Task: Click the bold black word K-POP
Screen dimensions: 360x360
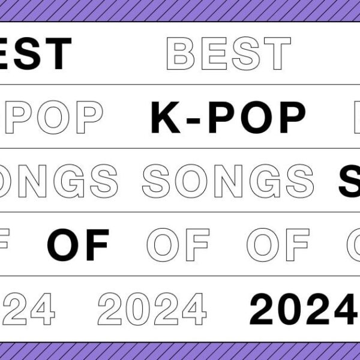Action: click(x=228, y=117)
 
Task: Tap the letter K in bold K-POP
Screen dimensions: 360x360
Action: click(x=164, y=117)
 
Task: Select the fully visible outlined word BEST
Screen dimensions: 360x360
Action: click(x=228, y=53)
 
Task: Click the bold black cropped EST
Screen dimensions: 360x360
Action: click(x=36, y=53)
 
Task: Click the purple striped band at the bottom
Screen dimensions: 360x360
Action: click(x=180, y=351)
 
